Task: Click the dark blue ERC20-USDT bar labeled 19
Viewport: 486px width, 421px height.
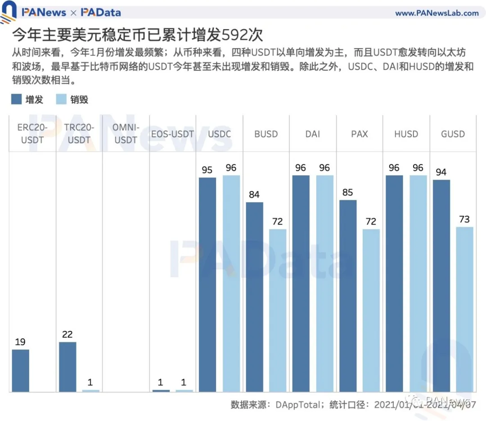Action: point(21,370)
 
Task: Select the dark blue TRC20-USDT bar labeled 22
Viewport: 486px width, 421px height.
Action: point(67,367)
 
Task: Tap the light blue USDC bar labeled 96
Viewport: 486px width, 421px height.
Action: point(231,284)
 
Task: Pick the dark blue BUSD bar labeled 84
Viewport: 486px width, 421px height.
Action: point(254,297)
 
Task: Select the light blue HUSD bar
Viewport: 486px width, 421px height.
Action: point(418,284)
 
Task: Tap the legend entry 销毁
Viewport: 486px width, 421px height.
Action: point(72,100)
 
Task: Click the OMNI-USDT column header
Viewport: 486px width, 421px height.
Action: point(126,134)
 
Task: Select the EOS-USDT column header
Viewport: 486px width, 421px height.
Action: point(172,134)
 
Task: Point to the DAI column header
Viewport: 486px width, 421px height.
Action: point(313,134)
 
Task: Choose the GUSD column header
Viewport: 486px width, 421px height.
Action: point(453,134)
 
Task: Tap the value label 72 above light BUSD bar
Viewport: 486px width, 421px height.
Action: point(278,222)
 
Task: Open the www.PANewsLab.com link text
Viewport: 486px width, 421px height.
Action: point(436,13)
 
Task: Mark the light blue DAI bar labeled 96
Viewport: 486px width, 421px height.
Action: point(324,284)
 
